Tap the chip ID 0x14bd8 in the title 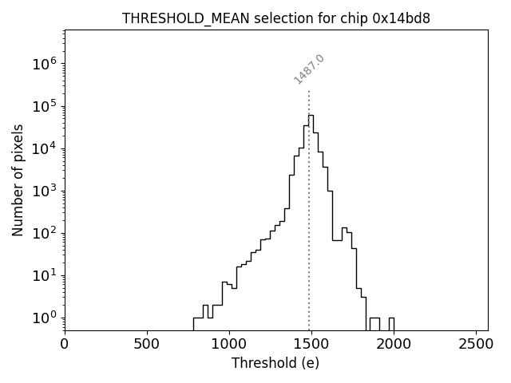[402, 18]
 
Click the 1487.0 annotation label [309, 69]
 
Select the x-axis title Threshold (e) [275, 363]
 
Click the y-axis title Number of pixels [18, 180]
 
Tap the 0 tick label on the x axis [65, 345]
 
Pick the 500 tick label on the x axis [147, 345]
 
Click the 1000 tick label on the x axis [229, 345]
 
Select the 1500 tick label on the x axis [311, 345]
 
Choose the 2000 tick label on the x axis [394, 345]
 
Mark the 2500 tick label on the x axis [476, 345]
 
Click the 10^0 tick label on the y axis [46, 318]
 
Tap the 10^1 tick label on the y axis [46, 275]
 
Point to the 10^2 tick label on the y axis [46, 233]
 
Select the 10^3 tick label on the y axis [46, 191]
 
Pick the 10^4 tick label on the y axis [46, 148]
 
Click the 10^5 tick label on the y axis [46, 106]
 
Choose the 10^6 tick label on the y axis [46, 64]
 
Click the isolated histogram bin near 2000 [391, 322]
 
